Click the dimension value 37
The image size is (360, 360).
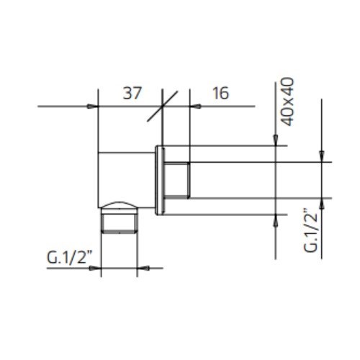pos(132,93)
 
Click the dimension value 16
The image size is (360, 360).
pos(221,93)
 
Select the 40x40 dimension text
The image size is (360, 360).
pos(287,102)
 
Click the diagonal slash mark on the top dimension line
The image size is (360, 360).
pos(163,106)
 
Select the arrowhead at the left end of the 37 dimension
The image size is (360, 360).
pos(93,106)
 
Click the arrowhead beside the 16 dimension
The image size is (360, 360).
pos(195,106)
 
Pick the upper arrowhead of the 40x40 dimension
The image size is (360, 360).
pos(276,140)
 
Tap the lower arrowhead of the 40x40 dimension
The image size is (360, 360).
pos(276,220)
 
